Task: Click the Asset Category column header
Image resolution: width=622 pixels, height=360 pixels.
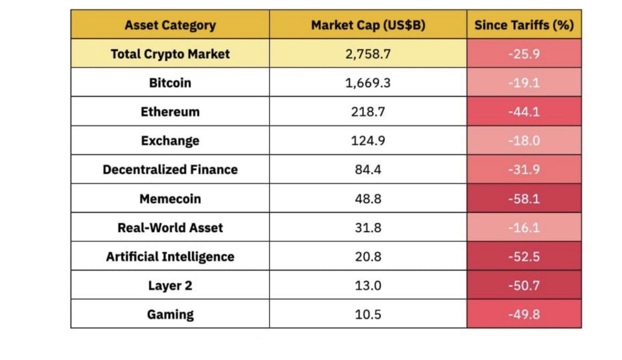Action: (x=170, y=25)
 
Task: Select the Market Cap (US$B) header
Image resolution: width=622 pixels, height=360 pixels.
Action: (x=368, y=25)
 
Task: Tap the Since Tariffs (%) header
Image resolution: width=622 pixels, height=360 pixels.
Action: (x=524, y=25)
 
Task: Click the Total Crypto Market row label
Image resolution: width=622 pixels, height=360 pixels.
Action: (x=170, y=54)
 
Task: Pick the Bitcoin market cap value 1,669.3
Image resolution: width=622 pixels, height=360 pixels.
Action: (x=368, y=83)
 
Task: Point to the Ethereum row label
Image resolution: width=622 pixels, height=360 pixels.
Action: (x=170, y=112)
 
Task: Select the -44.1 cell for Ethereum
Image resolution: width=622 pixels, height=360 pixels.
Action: (x=524, y=112)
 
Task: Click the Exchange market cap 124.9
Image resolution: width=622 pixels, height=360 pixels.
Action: (x=368, y=141)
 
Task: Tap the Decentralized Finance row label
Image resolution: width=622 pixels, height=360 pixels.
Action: (x=170, y=170)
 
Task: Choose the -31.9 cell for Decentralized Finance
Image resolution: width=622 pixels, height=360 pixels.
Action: (x=524, y=170)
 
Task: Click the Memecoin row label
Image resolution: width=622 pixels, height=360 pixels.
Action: (x=170, y=199)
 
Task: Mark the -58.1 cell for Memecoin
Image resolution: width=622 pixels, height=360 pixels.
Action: (x=524, y=199)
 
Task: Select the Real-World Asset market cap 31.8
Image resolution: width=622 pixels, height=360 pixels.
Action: (x=368, y=228)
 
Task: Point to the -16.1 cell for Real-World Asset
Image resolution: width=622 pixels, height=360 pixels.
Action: (x=524, y=228)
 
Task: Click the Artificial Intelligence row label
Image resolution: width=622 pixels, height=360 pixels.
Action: (x=170, y=257)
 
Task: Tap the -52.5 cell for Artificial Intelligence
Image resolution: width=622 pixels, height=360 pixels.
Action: (x=524, y=257)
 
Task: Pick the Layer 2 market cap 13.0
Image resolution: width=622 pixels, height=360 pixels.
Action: (x=368, y=285)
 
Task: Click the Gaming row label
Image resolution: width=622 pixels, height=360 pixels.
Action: (x=170, y=314)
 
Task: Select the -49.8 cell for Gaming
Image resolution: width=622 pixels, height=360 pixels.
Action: (x=524, y=314)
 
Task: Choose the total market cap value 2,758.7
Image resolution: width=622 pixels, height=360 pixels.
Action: (x=368, y=54)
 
